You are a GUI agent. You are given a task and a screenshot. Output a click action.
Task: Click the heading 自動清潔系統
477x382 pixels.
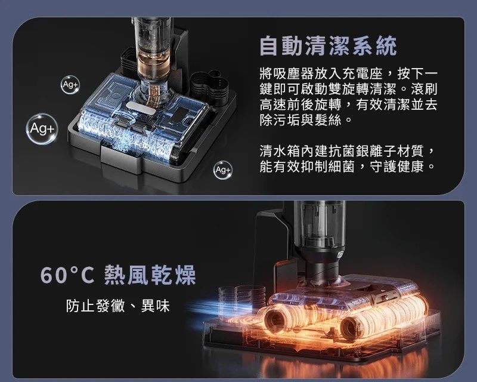point(328,46)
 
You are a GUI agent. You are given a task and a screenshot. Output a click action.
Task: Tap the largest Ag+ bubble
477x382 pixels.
point(42,129)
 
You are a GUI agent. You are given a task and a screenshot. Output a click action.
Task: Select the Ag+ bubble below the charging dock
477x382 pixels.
point(222,170)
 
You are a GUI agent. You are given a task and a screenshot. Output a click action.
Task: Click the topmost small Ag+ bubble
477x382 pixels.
point(70,84)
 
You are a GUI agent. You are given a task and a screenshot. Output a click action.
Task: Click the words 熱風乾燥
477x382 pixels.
point(150,275)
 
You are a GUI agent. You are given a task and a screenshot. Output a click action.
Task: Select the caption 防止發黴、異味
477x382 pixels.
point(117,306)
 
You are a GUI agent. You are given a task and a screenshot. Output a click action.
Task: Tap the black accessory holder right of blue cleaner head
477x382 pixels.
point(210,87)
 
